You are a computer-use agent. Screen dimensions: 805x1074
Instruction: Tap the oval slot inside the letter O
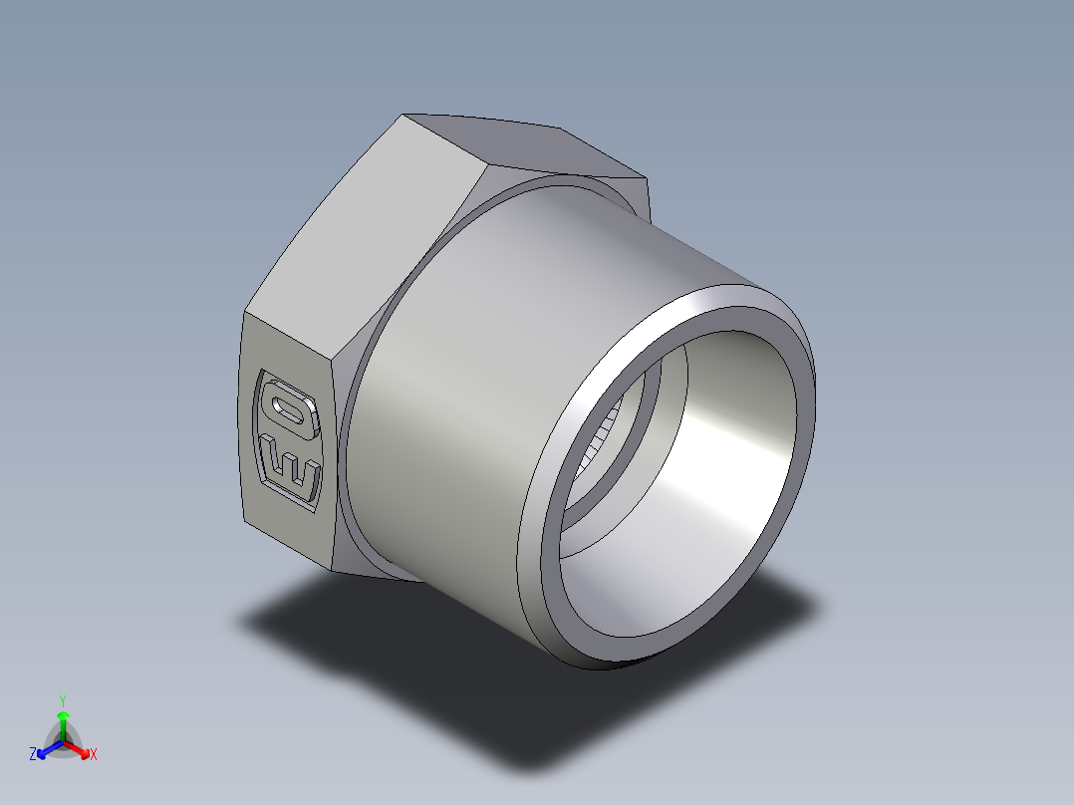coord(289,408)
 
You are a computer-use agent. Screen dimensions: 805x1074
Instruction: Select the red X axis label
coord(94,755)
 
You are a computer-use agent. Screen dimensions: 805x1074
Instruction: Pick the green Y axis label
coord(62,699)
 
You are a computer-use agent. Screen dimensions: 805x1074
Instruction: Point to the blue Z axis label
coord(33,755)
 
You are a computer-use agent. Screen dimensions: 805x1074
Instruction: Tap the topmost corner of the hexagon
coord(404,114)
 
